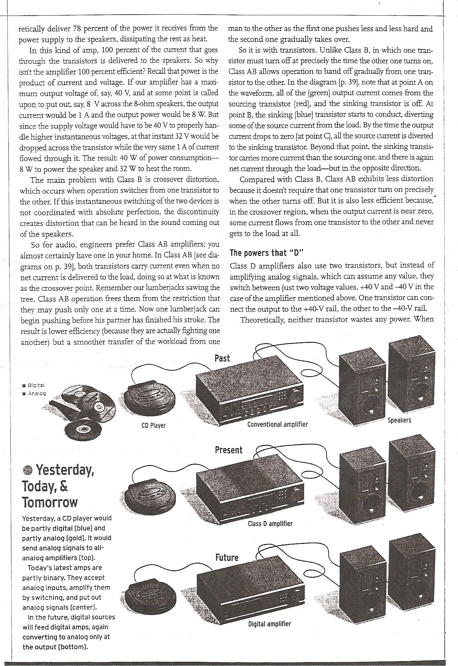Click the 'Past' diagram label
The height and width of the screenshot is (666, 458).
point(222,358)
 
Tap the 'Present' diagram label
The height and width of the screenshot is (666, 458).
point(228,450)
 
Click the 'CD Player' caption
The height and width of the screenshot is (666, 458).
point(153,425)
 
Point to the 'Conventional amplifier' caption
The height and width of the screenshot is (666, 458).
point(277,424)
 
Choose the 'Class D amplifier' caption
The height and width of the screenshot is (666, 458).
point(270,523)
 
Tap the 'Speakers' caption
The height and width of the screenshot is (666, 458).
point(399,420)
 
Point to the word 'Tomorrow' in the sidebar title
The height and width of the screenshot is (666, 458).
point(50,502)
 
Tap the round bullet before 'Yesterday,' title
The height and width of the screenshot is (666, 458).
point(28,470)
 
